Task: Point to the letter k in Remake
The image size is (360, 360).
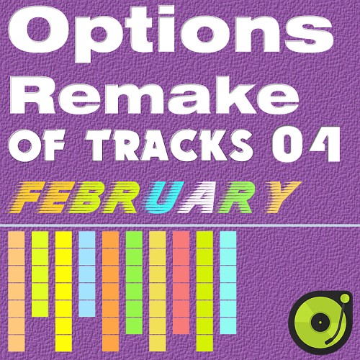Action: [228, 96]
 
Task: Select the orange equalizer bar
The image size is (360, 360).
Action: [111, 294]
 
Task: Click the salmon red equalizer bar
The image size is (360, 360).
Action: [181, 282]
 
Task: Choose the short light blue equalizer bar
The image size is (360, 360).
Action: [87, 274]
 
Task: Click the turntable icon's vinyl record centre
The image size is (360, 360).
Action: [320, 322]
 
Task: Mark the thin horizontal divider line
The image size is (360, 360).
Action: [180, 226]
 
